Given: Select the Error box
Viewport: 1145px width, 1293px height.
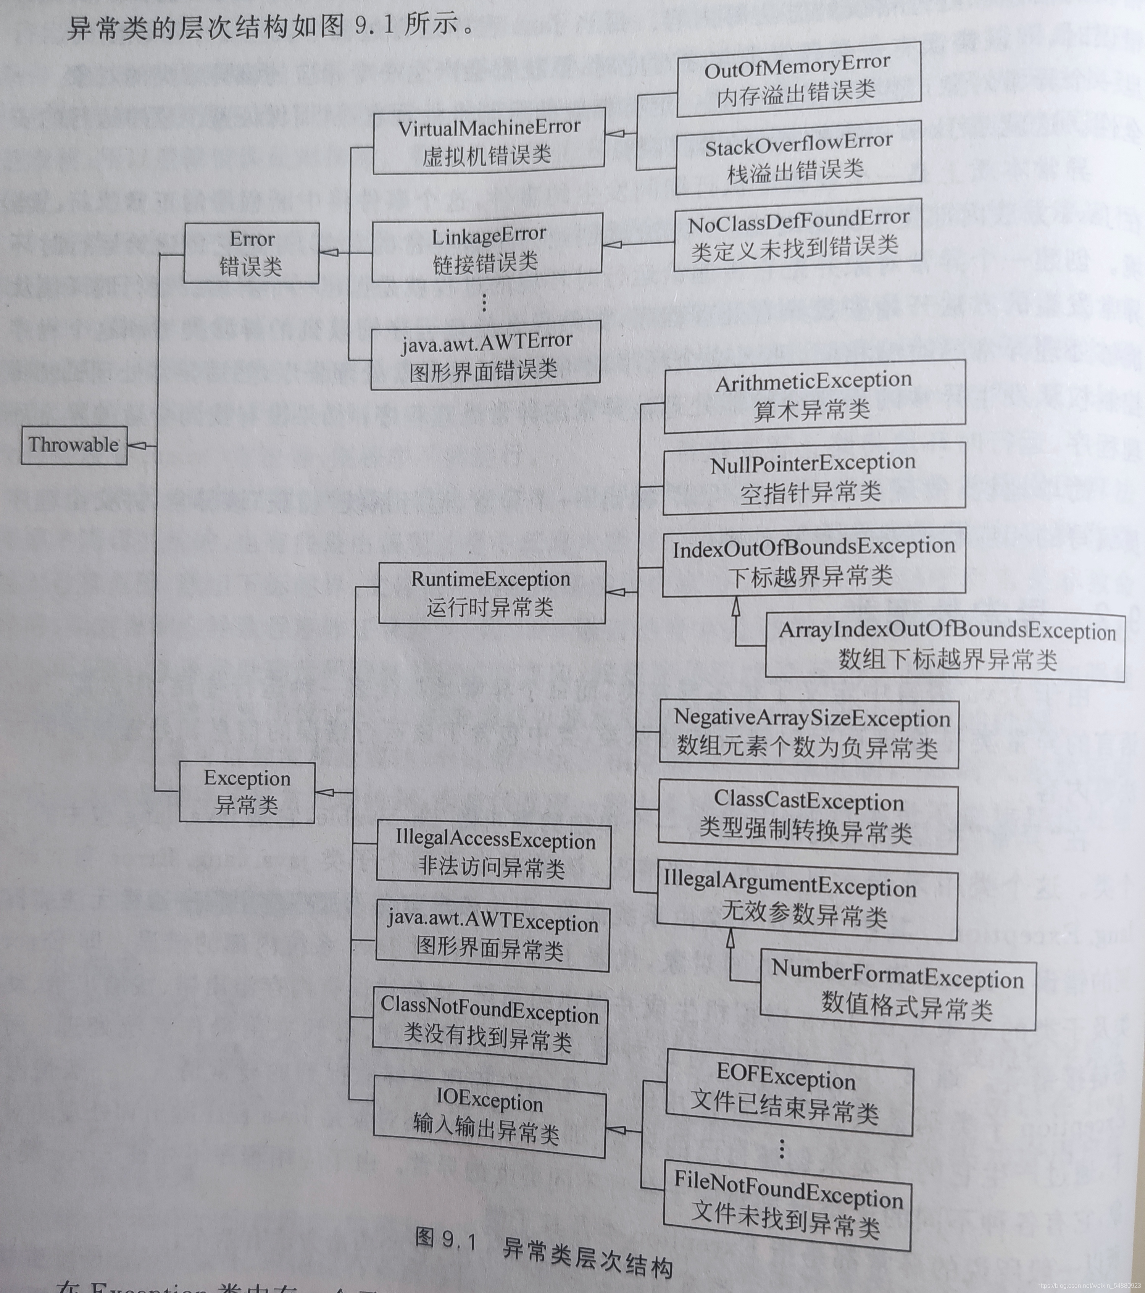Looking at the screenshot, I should point(251,253).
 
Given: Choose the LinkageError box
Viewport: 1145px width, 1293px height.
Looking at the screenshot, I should point(487,248).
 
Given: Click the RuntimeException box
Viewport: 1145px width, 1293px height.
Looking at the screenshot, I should point(492,593).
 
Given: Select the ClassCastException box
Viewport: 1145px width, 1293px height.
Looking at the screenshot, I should point(808,817).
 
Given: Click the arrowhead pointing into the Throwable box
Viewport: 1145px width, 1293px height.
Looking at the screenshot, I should point(136,446).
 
